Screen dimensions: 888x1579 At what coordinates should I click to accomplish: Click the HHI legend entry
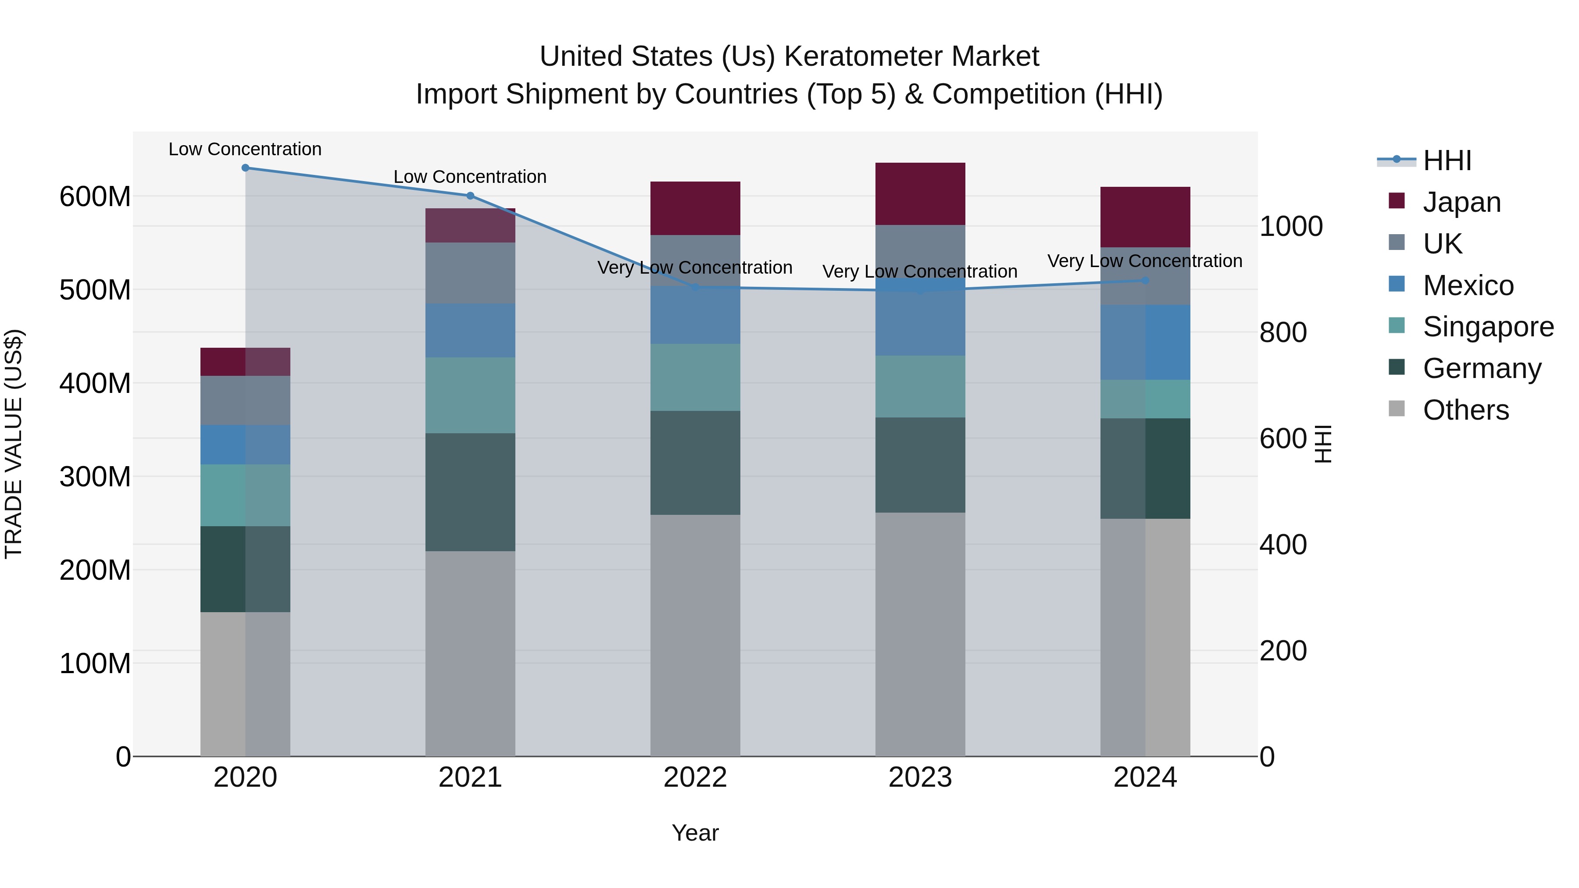(1447, 160)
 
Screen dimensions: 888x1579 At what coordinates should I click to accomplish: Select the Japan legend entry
(1461, 202)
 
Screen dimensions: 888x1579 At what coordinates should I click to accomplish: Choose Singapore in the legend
(1488, 327)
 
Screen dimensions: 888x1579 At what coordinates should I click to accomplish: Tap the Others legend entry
(1465, 410)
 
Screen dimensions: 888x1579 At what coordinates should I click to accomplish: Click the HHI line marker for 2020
(245, 168)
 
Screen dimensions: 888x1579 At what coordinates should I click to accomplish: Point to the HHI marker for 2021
(470, 196)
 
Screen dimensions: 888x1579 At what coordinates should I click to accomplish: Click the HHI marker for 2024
(1145, 281)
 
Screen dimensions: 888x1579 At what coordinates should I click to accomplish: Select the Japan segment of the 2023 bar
(920, 194)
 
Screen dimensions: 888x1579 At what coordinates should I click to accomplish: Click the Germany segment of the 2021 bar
(470, 492)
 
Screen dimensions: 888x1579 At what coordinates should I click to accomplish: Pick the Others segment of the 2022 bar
(695, 635)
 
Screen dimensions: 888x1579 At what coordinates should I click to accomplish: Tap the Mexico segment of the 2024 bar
(1145, 342)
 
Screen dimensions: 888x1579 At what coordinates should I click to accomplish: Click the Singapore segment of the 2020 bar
(245, 495)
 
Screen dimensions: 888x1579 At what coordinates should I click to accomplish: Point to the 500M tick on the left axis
(95, 290)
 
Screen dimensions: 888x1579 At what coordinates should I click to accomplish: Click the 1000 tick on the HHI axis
(1291, 227)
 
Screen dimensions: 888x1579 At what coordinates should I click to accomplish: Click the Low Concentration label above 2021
(470, 176)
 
